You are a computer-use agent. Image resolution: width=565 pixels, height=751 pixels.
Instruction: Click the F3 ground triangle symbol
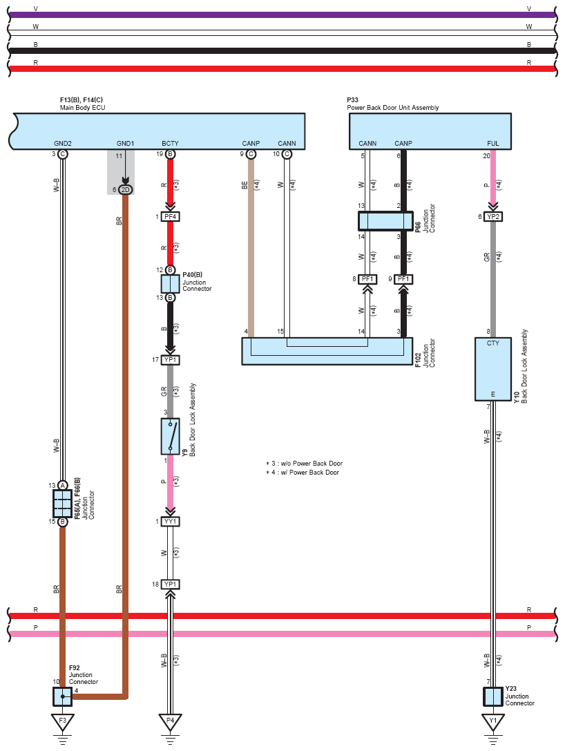click(x=62, y=722)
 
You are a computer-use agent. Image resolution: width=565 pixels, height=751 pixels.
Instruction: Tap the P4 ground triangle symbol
click(x=170, y=722)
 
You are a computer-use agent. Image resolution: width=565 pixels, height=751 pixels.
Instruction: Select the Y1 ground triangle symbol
click(x=492, y=722)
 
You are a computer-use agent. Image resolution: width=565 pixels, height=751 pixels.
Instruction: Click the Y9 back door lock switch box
click(x=170, y=437)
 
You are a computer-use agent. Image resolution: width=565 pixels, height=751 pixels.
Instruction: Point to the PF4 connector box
click(x=170, y=217)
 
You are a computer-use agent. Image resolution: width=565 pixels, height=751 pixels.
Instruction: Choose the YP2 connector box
click(x=492, y=217)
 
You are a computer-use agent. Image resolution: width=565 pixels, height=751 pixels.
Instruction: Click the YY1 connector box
click(x=170, y=522)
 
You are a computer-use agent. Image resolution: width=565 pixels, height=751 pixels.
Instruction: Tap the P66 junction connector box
click(x=385, y=221)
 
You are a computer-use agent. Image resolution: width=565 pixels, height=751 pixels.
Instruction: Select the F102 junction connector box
click(x=327, y=351)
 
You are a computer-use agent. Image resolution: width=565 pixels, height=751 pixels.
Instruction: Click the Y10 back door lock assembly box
click(x=492, y=369)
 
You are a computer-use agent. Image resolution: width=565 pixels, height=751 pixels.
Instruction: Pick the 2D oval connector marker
click(x=125, y=190)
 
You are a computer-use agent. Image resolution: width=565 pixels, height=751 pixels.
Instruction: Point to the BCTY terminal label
click(x=170, y=143)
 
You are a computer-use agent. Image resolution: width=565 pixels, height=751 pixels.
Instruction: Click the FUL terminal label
click(x=492, y=143)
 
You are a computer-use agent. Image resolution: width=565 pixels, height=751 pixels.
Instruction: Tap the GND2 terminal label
click(x=63, y=143)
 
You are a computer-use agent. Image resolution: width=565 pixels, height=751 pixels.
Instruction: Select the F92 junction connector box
click(x=62, y=696)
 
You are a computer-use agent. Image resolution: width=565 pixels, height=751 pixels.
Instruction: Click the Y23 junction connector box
click(x=492, y=696)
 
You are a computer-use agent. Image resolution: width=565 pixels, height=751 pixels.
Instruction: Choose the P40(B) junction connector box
click(x=170, y=284)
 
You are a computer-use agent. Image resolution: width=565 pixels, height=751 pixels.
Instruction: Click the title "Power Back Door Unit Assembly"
click(x=392, y=108)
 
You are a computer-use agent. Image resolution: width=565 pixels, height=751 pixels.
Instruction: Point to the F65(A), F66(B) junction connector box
click(x=62, y=504)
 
